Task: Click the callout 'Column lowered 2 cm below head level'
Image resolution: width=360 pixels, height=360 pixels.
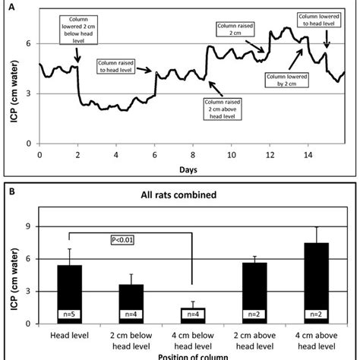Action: [x=77, y=29]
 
